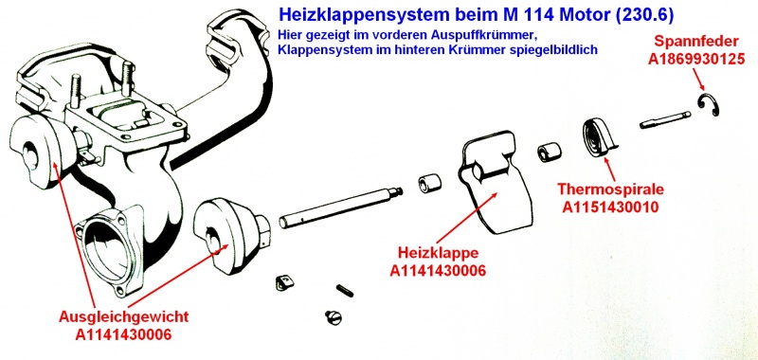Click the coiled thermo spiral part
click(599, 136)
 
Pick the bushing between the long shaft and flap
click(426, 183)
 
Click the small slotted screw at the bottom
click(332, 315)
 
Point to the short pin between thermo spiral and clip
click(663, 121)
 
